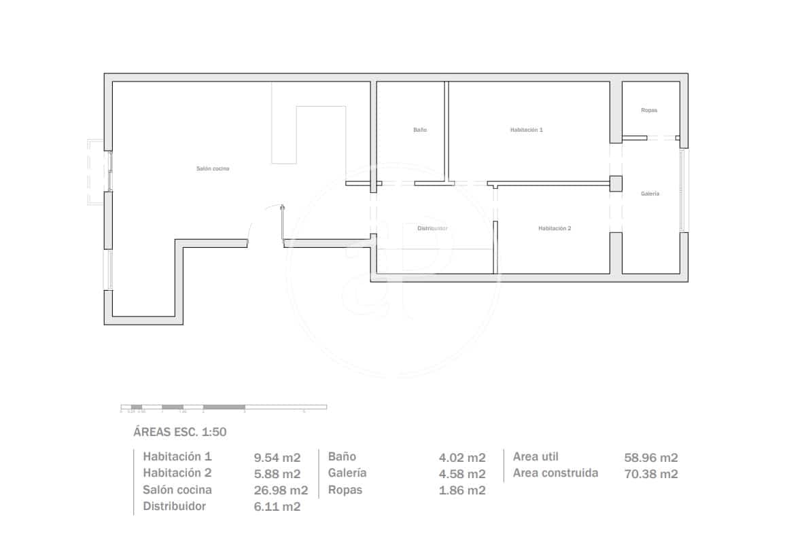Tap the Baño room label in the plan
pyautogui.click(x=420, y=130)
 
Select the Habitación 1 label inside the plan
pyautogui.click(x=527, y=129)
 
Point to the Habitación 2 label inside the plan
pyautogui.click(x=555, y=229)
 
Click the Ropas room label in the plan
pyautogui.click(x=649, y=110)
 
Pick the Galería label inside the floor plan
pyautogui.click(x=650, y=194)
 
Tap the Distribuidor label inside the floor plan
pyautogui.click(x=432, y=229)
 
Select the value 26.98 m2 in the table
pyautogui.click(x=281, y=490)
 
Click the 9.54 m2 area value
pyautogui.click(x=277, y=458)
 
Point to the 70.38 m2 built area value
pyautogui.click(x=651, y=474)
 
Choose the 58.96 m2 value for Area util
pyautogui.click(x=651, y=458)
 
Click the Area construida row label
pyautogui.click(x=555, y=473)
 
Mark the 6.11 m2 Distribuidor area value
pyautogui.click(x=277, y=507)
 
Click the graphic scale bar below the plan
pyautogui.click(x=224, y=407)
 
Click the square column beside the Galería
pyautogui.click(x=616, y=183)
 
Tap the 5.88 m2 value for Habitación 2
pyautogui.click(x=277, y=474)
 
